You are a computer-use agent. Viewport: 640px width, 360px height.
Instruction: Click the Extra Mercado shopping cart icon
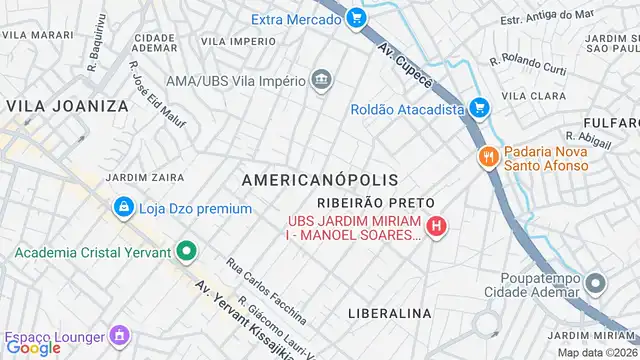tap(357, 18)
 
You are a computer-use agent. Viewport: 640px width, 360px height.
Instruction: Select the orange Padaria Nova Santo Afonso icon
tap(488, 156)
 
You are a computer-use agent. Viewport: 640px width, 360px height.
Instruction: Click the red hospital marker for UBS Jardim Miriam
tap(436, 227)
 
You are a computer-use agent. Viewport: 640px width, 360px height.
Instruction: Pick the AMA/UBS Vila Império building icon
tap(321, 80)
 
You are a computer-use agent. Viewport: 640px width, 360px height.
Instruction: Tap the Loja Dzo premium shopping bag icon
tap(123, 208)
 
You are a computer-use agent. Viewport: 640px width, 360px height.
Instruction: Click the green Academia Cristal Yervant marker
tap(186, 251)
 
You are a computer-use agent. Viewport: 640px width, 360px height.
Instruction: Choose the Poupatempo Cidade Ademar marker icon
tap(596, 284)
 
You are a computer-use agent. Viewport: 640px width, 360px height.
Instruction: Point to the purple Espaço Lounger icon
tap(120, 335)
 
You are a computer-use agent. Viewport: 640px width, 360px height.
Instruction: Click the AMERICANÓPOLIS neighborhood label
tap(320, 180)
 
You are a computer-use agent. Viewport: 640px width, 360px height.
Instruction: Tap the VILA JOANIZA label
tap(68, 105)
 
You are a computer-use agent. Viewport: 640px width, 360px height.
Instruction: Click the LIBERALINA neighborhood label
tap(389, 313)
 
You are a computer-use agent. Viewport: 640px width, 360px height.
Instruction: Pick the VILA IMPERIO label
tap(238, 41)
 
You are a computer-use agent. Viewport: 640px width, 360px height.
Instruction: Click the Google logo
tap(33, 348)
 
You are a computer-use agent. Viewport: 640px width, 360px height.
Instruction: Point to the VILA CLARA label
tap(527, 96)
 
